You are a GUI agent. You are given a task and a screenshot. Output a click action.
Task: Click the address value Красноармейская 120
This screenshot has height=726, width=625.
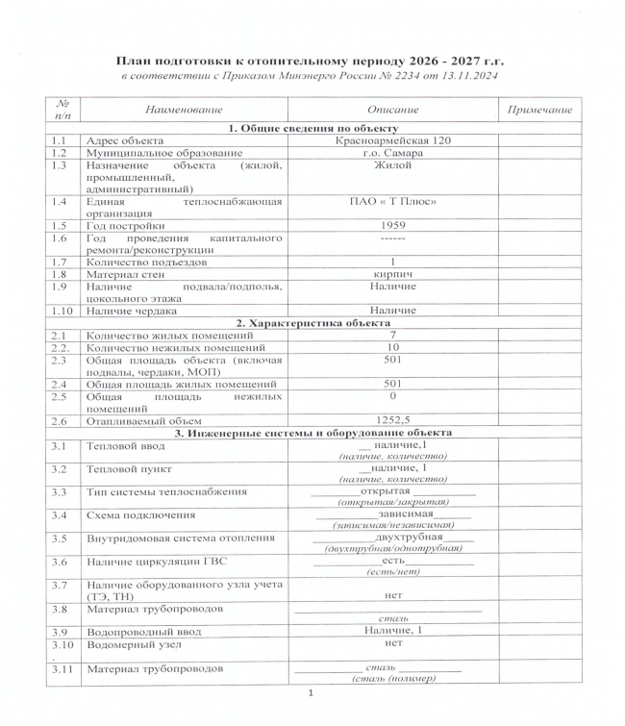[392, 141]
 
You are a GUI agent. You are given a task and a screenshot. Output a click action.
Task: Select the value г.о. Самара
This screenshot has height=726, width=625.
[392, 153]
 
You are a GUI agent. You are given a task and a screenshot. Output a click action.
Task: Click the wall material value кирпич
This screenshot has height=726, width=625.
[392, 274]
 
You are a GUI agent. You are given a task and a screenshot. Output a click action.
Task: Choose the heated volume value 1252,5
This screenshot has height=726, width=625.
[392, 420]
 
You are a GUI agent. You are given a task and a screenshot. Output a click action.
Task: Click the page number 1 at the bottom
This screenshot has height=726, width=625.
[311, 694]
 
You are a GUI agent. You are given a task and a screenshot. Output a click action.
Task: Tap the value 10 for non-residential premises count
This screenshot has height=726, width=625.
[392, 347]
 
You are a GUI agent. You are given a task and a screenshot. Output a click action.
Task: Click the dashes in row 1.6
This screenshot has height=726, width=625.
[392, 238]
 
